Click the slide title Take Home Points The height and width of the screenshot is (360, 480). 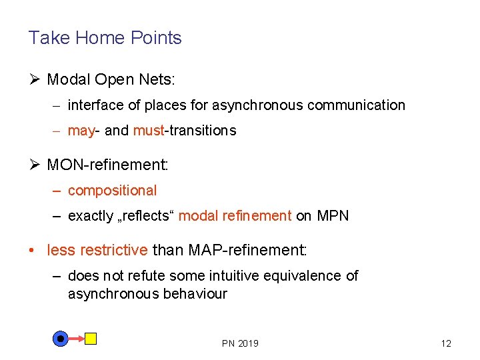(x=105, y=38)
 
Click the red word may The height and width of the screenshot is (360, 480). (x=81, y=131)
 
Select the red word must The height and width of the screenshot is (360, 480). (x=148, y=131)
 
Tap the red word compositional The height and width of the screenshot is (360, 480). (x=112, y=191)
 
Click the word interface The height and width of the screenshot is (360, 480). (x=93, y=105)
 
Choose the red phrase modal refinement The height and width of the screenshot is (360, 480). (x=235, y=216)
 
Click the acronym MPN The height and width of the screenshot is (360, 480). (x=333, y=216)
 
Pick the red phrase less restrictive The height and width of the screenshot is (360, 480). (x=97, y=251)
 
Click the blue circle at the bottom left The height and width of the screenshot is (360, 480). (x=61, y=339)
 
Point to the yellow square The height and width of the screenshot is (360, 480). (x=91, y=339)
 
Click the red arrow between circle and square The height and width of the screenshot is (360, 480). (x=76, y=339)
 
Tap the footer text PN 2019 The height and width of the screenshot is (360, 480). (x=240, y=343)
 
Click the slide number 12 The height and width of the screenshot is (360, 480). (x=446, y=343)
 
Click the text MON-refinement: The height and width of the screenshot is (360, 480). (x=107, y=165)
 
